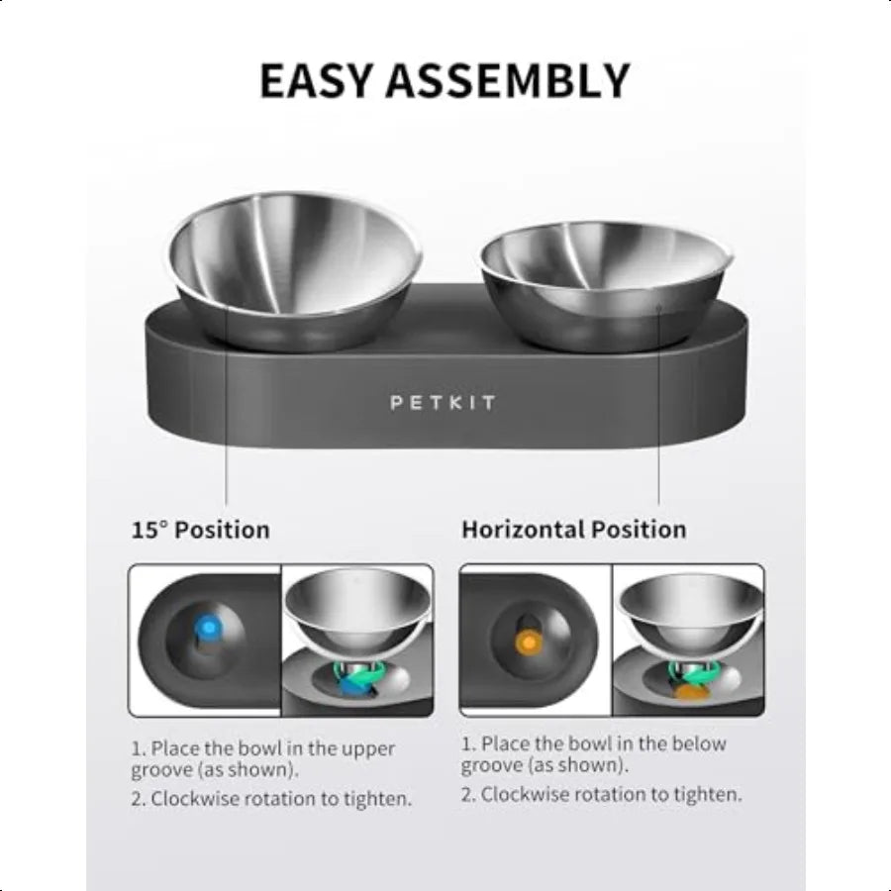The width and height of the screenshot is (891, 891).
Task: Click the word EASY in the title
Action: [319, 80]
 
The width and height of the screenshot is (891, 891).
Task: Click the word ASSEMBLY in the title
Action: [509, 80]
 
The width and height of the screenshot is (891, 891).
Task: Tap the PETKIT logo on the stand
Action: [443, 403]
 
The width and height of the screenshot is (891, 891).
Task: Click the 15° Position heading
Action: [200, 530]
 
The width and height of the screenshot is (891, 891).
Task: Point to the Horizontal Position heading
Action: [573, 530]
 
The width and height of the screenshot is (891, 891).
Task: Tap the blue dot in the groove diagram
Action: [210, 628]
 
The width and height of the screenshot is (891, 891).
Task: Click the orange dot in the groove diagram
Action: [530, 643]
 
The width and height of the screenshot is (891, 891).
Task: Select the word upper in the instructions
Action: [368, 749]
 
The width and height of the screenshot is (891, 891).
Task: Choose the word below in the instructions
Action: [699, 743]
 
